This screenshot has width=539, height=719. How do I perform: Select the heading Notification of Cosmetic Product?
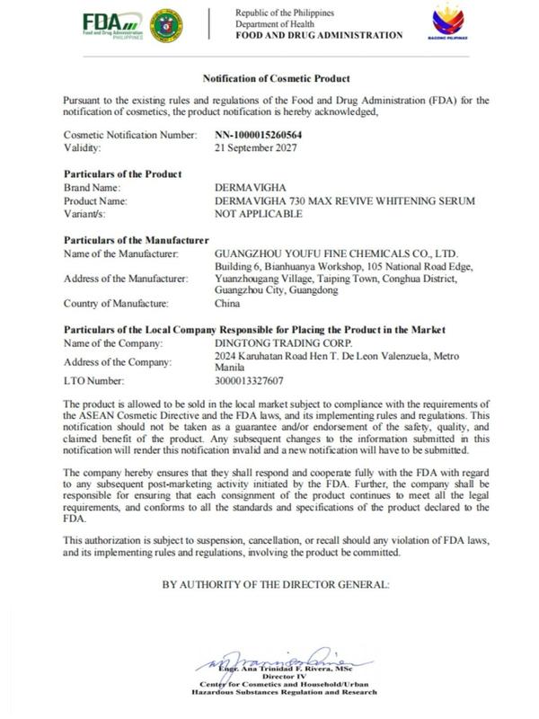(x=269, y=80)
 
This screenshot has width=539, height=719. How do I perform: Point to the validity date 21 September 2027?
(x=253, y=146)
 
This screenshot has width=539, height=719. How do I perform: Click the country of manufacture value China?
(x=227, y=304)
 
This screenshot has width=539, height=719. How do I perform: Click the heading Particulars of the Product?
(x=123, y=173)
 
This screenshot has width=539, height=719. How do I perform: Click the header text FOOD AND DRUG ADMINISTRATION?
(x=318, y=35)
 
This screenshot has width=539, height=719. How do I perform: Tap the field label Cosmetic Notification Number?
(x=131, y=135)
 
